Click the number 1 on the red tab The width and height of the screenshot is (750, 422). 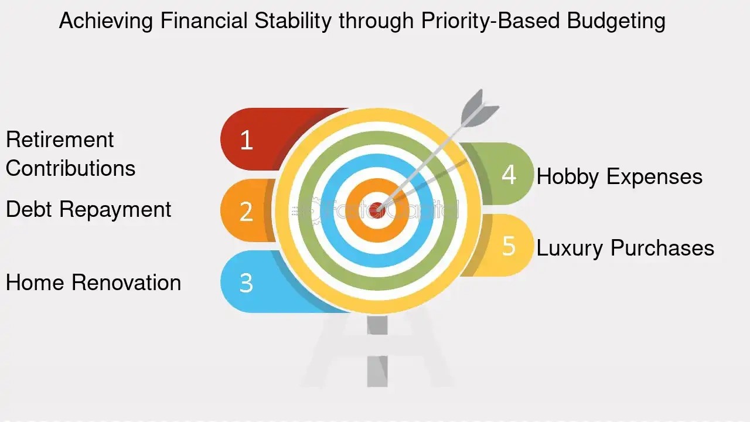(x=247, y=140)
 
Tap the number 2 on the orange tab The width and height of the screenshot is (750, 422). (x=246, y=212)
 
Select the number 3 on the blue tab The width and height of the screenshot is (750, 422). (x=246, y=283)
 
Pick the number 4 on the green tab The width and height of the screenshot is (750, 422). (x=509, y=175)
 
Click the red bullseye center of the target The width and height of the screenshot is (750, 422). (x=377, y=210)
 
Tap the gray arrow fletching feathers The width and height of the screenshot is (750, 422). (x=479, y=110)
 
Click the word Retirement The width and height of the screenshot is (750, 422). (x=60, y=139)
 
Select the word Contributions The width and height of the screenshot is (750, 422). (x=71, y=168)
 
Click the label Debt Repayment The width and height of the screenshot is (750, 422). (x=88, y=210)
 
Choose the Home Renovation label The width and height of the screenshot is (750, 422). (x=93, y=283)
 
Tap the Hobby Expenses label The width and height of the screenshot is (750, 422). (x=619, y=176)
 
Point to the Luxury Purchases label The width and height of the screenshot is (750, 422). (x=625, y=248)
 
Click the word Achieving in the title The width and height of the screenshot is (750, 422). (x=106, y=21)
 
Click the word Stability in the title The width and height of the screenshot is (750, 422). (x=293, y=21)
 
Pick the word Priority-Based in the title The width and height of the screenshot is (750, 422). (x=490, y=21)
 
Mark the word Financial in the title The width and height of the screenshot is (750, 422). (x=203, y=21)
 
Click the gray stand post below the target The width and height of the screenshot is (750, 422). (x=377, y=351)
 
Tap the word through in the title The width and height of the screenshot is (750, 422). (x=376, y=21)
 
